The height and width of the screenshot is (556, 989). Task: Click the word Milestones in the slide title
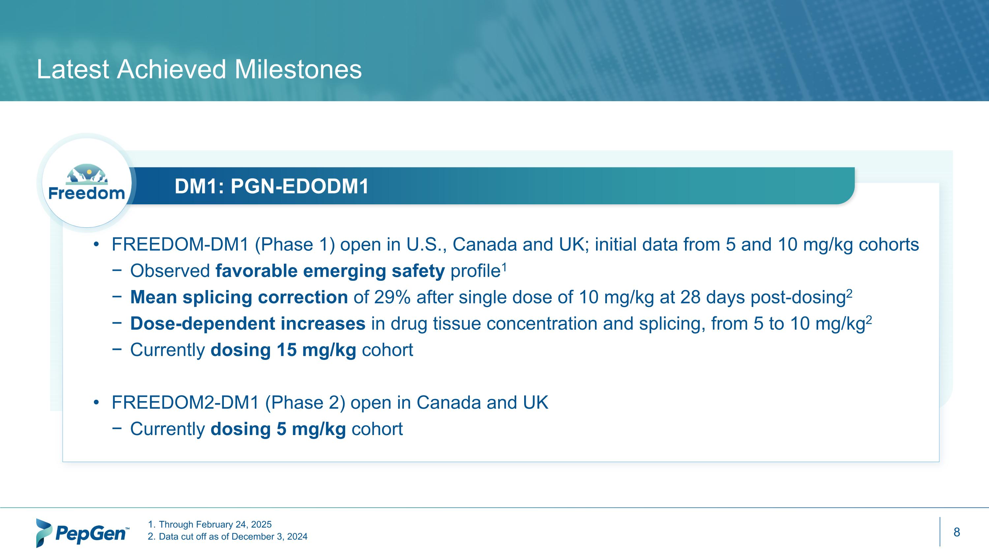(298, 70)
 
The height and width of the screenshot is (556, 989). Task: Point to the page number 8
(956, 532)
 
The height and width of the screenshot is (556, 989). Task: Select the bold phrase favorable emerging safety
(330, 271)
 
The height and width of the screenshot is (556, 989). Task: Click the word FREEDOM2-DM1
(185, 403)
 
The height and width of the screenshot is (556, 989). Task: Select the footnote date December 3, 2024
(270, 537)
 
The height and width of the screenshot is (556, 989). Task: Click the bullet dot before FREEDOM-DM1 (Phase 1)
(96, 245)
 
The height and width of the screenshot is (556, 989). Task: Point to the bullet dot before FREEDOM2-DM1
(96, 403)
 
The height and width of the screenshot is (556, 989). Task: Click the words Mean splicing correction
(239, 297)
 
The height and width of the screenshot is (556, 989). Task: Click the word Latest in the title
(73, 70)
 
